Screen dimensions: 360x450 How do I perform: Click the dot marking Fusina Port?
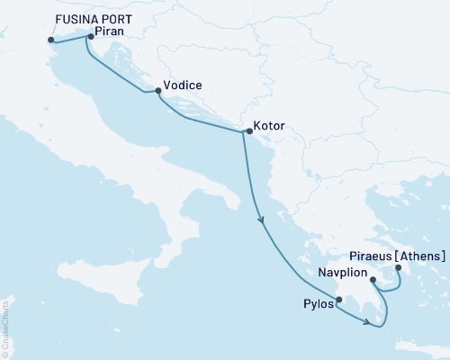(50, 40)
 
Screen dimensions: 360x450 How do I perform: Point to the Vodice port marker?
(157, 90)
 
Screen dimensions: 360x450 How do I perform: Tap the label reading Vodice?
(183, 86)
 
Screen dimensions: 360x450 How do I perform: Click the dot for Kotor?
(248, 131)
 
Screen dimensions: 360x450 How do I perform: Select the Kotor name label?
(270, 127)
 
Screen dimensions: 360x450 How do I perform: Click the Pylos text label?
(317, 304)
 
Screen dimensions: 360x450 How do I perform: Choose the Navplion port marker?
(373, 280)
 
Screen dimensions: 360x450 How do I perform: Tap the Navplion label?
(343, 271)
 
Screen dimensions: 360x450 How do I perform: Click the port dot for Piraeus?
(398, 265)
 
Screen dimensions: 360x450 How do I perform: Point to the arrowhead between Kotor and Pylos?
(261, 218)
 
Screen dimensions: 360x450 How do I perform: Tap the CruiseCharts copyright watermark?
(5, 316)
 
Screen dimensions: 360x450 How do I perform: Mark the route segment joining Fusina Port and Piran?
(70, 38)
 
